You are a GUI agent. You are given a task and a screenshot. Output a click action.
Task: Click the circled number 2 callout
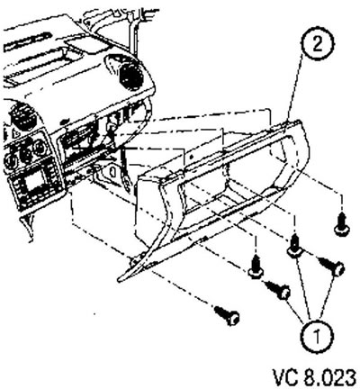tap(318, 45)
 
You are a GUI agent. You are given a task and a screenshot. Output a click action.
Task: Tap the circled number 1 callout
tap(317, 336)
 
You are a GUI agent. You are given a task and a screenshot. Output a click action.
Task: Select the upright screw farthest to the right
tap(341, 225)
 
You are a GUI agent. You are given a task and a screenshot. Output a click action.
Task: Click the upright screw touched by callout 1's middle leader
tap(295, 247)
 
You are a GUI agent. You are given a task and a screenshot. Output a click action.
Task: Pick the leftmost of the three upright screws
tap(256, 267)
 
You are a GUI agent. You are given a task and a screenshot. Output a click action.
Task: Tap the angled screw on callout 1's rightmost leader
tap(330, 266)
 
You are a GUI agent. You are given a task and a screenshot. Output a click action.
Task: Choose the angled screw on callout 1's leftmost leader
tap(278, 290)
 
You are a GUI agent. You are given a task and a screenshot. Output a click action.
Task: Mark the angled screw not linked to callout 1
tap(227, 315)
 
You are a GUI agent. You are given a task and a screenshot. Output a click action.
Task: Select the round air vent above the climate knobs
tap(20, 116)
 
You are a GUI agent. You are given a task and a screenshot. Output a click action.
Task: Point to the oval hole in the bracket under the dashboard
tap(112, 172)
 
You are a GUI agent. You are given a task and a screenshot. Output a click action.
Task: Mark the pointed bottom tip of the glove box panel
tap(119, 280)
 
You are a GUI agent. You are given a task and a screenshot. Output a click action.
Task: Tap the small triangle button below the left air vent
tap(15, 132)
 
